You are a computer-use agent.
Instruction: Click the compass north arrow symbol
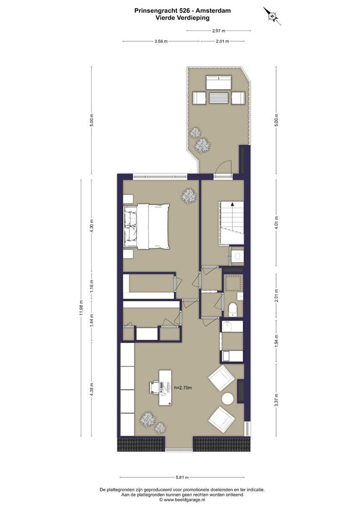click(272, 16)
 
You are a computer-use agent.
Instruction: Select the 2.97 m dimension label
click(218, 31)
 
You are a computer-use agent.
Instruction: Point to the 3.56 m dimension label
click(161, 41)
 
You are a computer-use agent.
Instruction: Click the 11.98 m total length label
click(81, 308)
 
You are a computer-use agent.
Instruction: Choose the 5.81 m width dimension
click(184, 476)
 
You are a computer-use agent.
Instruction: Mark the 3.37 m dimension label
click(276, 398)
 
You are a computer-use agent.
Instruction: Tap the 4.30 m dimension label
click(92, 226)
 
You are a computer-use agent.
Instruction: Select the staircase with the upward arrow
click(231, 222)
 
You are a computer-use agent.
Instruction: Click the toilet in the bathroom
click(232, 310)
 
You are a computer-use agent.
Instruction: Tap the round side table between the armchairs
click(228, 398)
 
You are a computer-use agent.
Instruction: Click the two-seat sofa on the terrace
click(218, 83)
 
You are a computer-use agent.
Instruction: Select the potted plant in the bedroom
click(189, 196)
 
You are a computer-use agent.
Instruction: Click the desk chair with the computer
click(155, 387)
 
